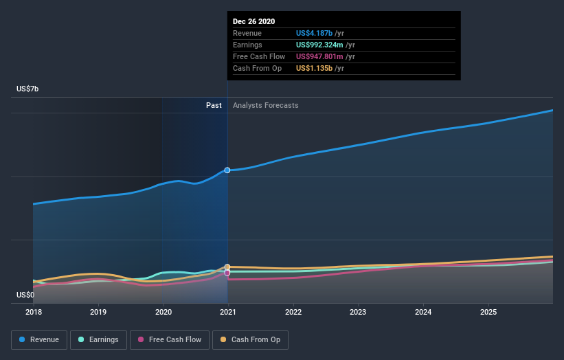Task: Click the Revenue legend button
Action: [x=39, y=339]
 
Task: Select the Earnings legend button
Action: [x=98, y=339]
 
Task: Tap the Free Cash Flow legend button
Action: [x=169, y=339]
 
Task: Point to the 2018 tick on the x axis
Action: [x=33, y=312]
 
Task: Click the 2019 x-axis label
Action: [x=98, y=312]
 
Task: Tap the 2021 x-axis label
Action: [x=228, y=312]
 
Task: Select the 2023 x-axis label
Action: [x=358, y=312]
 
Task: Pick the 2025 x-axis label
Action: [x=488, y=312]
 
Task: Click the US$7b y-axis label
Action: [x=28, y=89]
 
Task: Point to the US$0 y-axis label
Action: [x=27, y=295]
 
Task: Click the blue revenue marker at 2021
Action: [x=227, y=170]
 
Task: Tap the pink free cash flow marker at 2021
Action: [x=227, y=273]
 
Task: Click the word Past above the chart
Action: [x=214, y=105]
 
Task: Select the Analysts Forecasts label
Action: [x=266, y=105]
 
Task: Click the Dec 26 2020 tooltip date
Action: [x=253, y=21]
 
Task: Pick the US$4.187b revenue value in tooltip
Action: [x=315, y=33]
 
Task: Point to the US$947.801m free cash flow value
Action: [x=319, y=56]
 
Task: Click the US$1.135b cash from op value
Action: [x=314, y=68]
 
